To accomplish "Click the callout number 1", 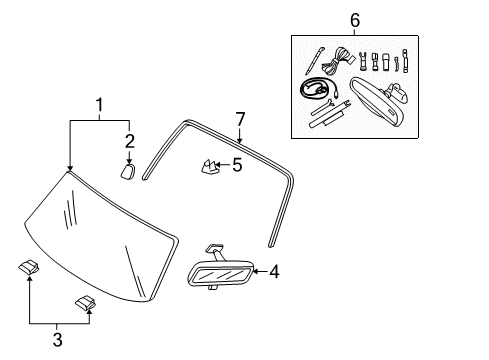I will (x=99, y=104).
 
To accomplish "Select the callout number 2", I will (x=129, y=139).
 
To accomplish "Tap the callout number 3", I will (x=56, y=341).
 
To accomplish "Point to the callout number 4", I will (x=273, y=270).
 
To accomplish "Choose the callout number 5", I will (x=237, y=164).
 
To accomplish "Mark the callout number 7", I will (x=239, y=119).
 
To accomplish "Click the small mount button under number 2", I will (x=128, y=171).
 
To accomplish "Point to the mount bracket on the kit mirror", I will (x=399, y=94).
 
